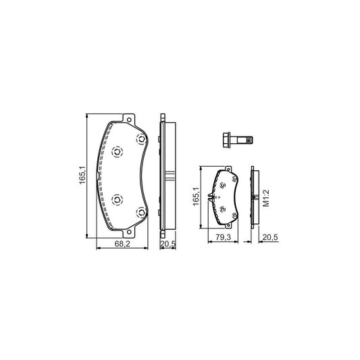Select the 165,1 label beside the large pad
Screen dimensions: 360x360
(82, 178)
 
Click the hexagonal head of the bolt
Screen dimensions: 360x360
(225, 140)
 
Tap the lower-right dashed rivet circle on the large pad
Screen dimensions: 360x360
(141, 213)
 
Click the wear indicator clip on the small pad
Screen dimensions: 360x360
(211, 198)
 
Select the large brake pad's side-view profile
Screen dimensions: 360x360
(165, 179)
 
